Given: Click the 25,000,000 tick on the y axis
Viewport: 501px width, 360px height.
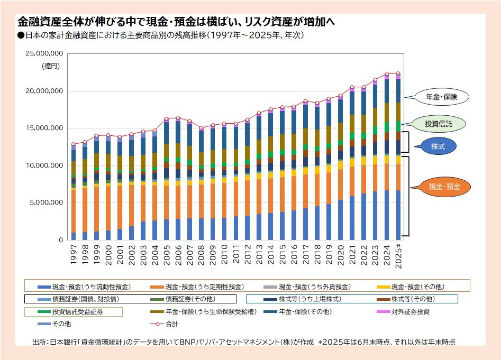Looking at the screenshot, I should point(45,53).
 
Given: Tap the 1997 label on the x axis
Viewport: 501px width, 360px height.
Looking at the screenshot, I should point(74,255).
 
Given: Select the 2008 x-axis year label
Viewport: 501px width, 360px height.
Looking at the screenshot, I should point(202,255).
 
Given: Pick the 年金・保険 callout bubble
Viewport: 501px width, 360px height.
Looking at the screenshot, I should point(441,97).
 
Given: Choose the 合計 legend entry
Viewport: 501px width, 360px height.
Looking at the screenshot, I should point(171,323).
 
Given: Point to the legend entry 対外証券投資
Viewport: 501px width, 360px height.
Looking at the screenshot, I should point(410,311).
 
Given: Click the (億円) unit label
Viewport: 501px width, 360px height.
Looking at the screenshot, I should point(51,66).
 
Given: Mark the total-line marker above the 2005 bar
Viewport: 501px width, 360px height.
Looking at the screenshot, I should point(167,119).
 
